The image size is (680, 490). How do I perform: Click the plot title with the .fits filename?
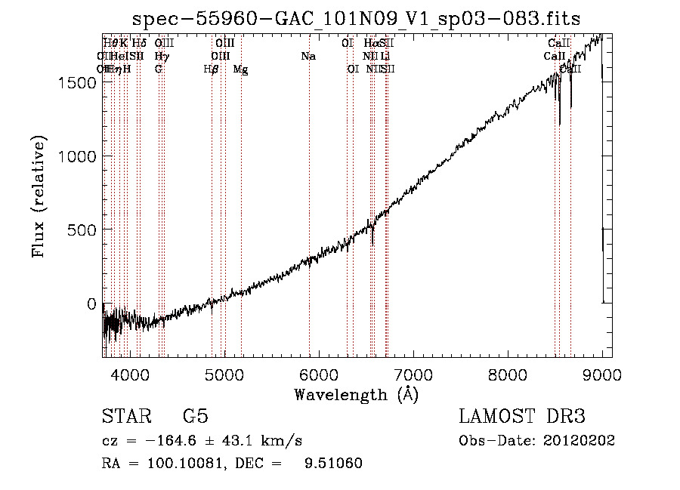tap(356, 19)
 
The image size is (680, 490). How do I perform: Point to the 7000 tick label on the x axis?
tap(413, 374)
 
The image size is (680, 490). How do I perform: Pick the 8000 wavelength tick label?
tap(508, 374)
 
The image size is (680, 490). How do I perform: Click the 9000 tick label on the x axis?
tap(602, 374)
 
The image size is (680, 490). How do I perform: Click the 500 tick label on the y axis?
tap(83, 230)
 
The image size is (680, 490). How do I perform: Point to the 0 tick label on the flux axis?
tap(92, 304)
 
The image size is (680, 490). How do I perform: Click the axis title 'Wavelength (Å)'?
tap(356, 394)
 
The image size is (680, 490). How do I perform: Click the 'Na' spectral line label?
tap(308, 56)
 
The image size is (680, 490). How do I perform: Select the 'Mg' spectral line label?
tap(240, 69)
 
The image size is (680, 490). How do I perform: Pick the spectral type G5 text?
tap(195, 417)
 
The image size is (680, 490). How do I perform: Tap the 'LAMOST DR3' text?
tap(522, 417)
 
